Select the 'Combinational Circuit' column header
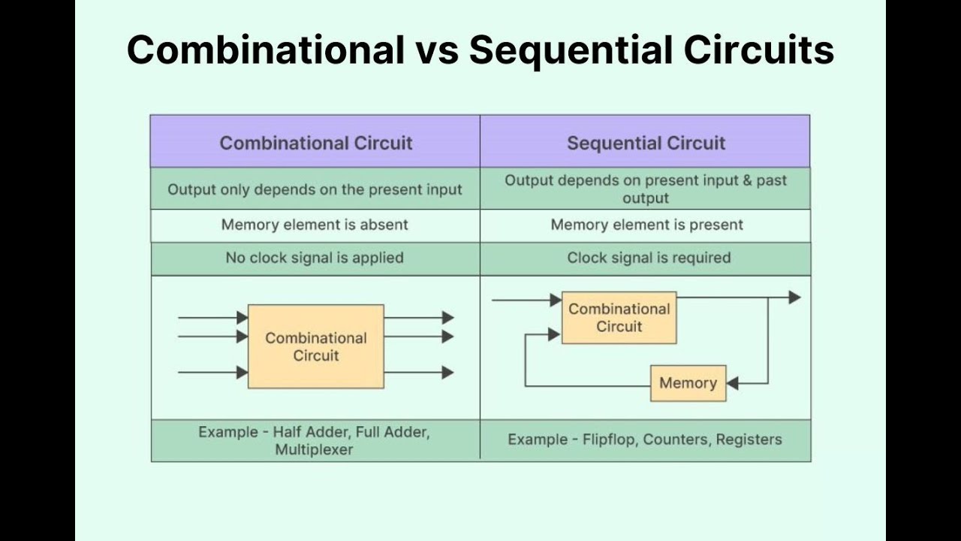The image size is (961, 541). (x=315, y=143)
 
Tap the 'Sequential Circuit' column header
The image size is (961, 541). (x=646, y=143)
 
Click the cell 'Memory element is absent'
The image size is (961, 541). (x=315, y=225)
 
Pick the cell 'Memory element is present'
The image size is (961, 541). (x=646, y=225)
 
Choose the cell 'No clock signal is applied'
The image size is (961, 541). (x=315, y=258)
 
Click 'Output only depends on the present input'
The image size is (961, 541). (x=315, y=189)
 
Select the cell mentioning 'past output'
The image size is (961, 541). (x=646, y=189)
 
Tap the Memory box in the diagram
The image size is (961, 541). (x=688, y=383)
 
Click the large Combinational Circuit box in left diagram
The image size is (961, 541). (x=315, y=346)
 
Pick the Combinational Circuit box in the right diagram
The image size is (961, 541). (x=619, y=318)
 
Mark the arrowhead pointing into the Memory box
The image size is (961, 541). (x=733, y=383)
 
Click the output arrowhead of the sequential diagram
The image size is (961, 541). (x=794, y=298)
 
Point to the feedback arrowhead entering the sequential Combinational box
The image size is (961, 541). (x=555, y=335)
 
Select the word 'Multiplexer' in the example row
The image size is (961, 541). (x=314, y=450)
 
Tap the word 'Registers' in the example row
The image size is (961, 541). (x=749, y=440)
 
